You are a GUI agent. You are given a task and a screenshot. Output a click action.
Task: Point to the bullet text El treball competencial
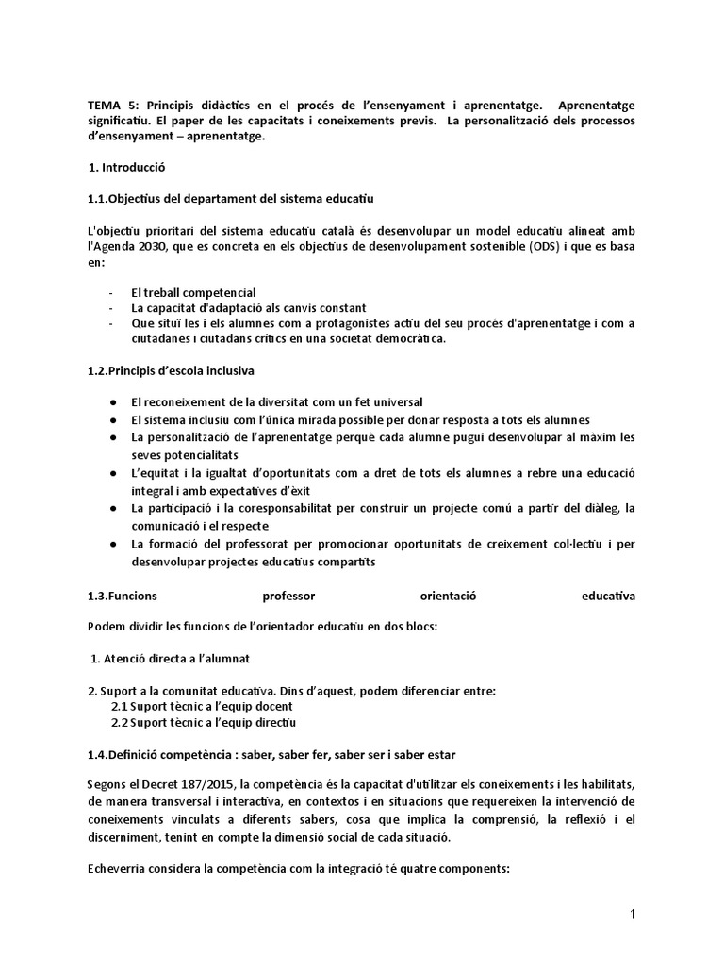(193, 292)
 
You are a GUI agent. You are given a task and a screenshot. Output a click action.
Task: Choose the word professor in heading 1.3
(289, 596)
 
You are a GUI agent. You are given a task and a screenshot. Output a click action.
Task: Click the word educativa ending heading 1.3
(608, 596)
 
